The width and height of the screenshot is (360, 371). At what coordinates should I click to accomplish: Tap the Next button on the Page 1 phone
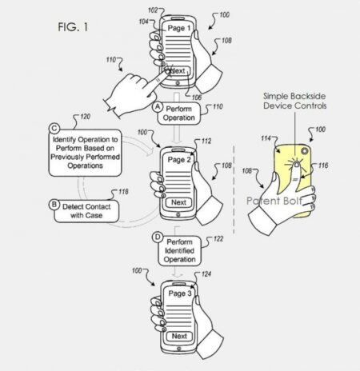178,71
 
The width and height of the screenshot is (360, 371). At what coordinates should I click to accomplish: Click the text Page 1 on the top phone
178,28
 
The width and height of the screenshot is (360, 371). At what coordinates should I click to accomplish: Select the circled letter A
158,106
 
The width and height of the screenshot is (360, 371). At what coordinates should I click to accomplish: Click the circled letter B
54,205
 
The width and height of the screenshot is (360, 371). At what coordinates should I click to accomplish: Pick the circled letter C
54,128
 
